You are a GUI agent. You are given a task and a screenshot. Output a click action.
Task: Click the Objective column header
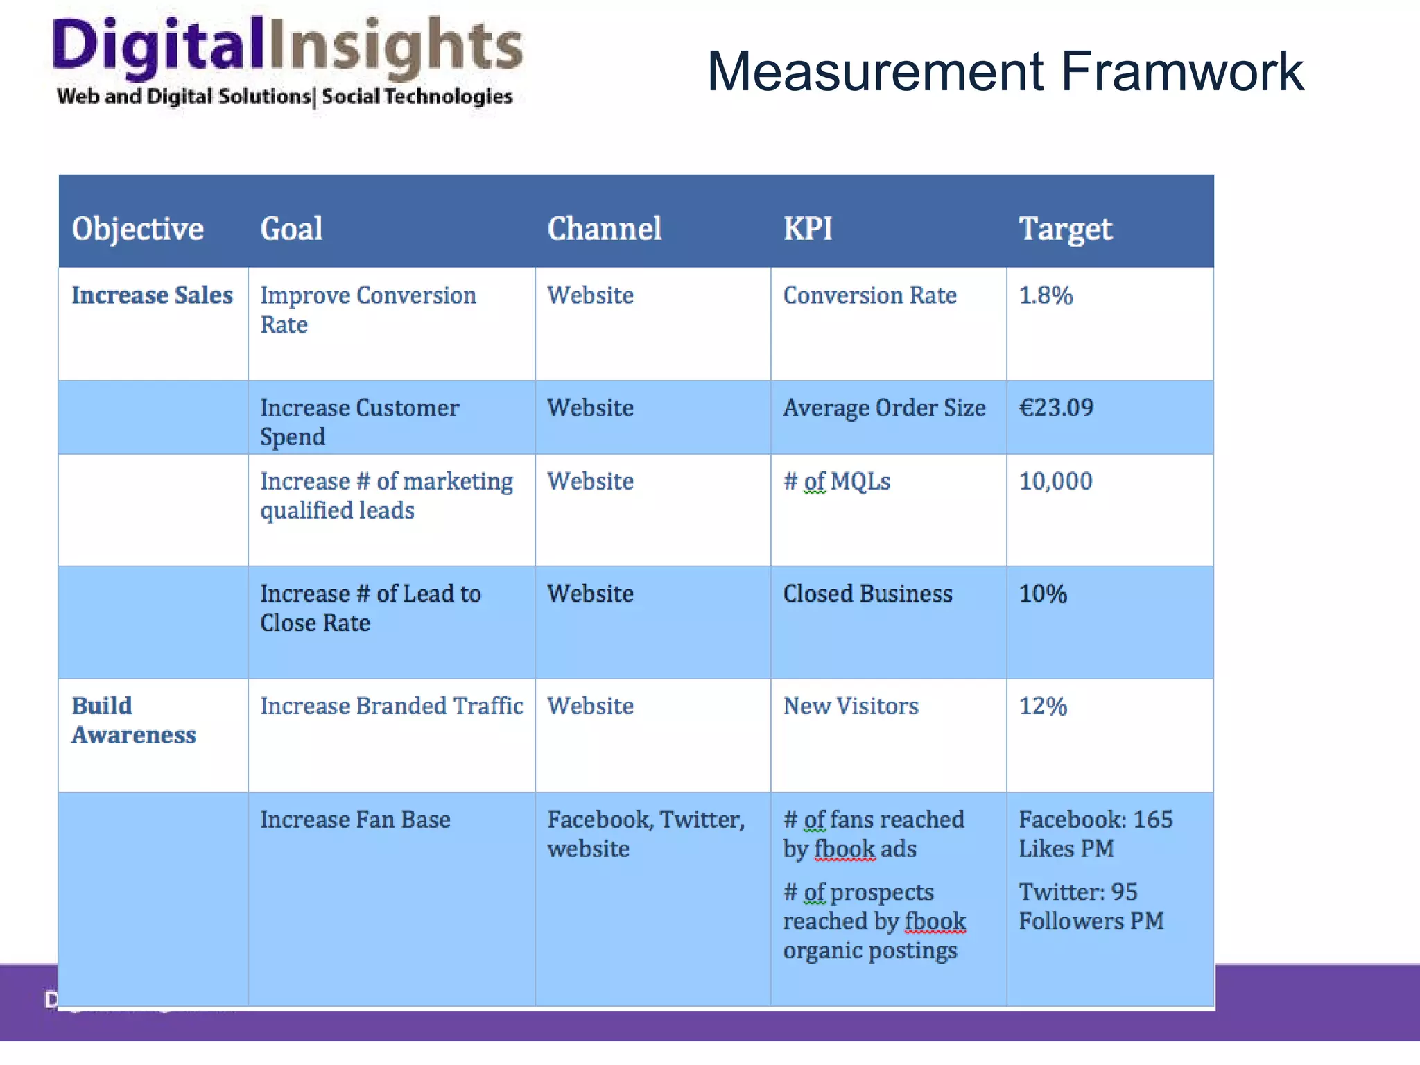137,229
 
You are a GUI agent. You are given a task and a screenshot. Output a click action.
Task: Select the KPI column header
807,229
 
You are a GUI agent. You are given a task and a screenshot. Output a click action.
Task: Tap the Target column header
1065,229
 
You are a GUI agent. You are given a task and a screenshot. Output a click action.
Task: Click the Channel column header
604,229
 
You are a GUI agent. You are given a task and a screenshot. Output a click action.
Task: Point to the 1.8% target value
1046,295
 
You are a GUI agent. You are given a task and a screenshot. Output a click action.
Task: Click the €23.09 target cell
1056,408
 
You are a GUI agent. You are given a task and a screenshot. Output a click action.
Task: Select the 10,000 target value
1055,481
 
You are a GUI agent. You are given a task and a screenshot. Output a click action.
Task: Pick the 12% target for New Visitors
1043,707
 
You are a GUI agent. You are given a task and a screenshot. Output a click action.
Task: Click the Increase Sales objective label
152,295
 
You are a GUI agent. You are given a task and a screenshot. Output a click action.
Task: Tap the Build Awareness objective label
133,720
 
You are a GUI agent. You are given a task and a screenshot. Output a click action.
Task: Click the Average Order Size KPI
884,408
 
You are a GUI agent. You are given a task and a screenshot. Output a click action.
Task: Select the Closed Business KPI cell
867,594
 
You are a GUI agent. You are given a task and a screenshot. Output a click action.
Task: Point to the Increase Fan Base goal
355,820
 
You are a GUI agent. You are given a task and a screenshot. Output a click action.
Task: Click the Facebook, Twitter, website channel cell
645,834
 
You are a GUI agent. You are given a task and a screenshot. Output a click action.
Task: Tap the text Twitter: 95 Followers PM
1091,906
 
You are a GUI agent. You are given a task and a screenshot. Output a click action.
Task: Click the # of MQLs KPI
836,481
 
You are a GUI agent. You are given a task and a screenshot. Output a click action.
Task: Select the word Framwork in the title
1181,71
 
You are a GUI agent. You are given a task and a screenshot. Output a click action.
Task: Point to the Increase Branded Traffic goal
392,707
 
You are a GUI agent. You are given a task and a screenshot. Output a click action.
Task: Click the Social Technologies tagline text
417,96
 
